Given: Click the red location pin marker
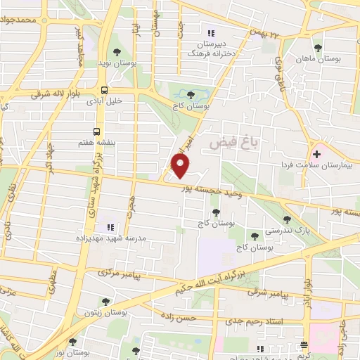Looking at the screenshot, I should [x=181, y=165].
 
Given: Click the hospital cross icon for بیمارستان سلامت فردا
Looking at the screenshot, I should [x=316, y=153].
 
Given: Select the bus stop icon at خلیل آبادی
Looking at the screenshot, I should [x=104, y=90].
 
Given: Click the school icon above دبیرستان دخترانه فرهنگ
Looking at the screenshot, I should [x=210, y=32].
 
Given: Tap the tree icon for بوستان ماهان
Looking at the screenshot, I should [x=319, y=48].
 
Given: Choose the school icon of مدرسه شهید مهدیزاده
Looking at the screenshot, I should [x=109, y=226].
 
